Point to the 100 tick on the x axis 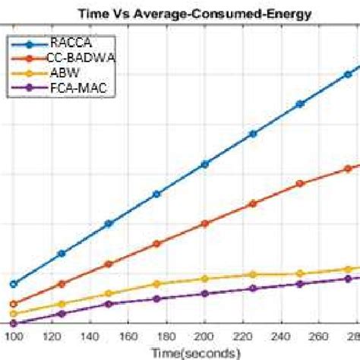point(13,336)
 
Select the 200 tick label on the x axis point(204,336)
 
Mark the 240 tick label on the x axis point(279,336)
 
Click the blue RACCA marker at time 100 point(13,283)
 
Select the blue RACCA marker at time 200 point(204,164)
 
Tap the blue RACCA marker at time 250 point(299,103)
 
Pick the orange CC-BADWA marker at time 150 point(109,264)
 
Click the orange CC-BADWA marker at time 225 point(252,204)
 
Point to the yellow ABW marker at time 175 point(156,284)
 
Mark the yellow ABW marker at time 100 point(13,313)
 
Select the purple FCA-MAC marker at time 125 point(62,314)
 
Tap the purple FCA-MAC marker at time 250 point(299,283)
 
